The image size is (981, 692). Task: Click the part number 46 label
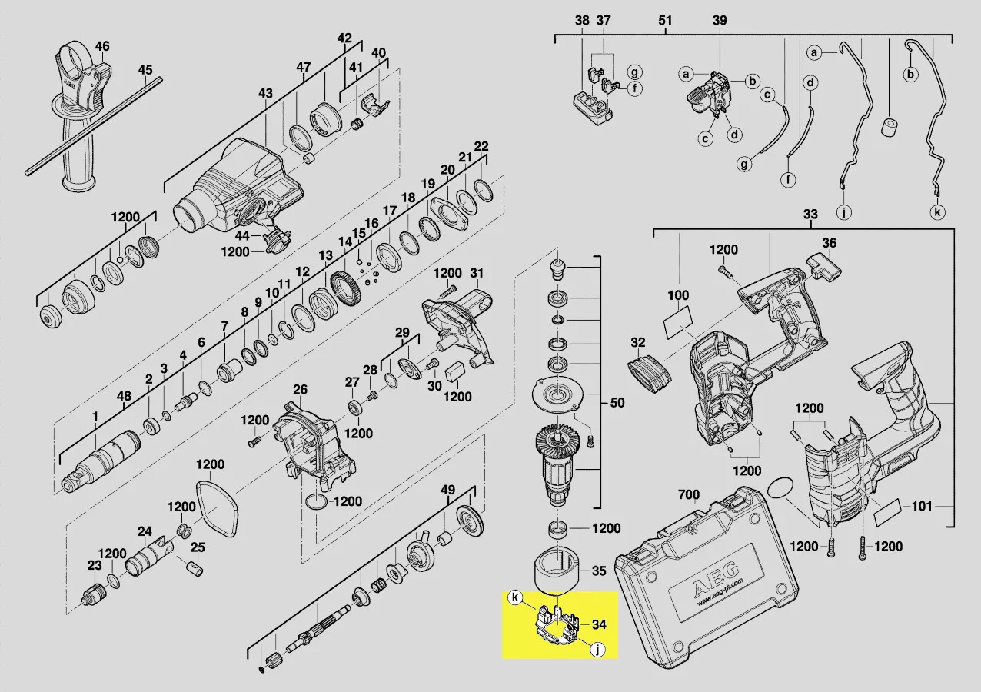pyautogui.click(x=102, y=46)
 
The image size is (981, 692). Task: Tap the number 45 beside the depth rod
pyautogui.click(x=145, y=70)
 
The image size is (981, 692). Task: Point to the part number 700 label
pyautogui.click(x=689, y=494)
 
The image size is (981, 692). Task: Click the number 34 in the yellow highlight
pyautogui.click(x=599, y=624)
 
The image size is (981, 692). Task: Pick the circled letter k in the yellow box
pyautogui.click(x=516, y=597)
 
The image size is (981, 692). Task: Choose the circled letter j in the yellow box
pyautogui.click(x=597, y=650)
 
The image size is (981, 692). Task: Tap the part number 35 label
pyautogui.click(x=599, y=571)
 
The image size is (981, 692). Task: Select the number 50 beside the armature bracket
pyautogui.click(x=617, y=402)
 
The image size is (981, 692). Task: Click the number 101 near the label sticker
pyautogui.click(x=922, y=507)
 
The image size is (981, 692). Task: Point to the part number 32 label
pyautogui.click(x=638, y=342)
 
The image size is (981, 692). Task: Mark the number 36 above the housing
pyautogui.click(x=829, y=243)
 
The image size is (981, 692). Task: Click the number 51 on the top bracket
pyautogui.click(x=665, y=20)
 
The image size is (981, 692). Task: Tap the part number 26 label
pyautogui.click(x=300, y=389)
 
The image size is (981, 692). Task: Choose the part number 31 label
pyautogui.click(x=477, y=273)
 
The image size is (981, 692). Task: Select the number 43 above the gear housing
pyautogui.click(x=265, y=93)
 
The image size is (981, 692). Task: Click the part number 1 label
pyautogui.click(x=95, y=417)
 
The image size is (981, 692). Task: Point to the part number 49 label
pyautogui.click(x=447, y=490)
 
